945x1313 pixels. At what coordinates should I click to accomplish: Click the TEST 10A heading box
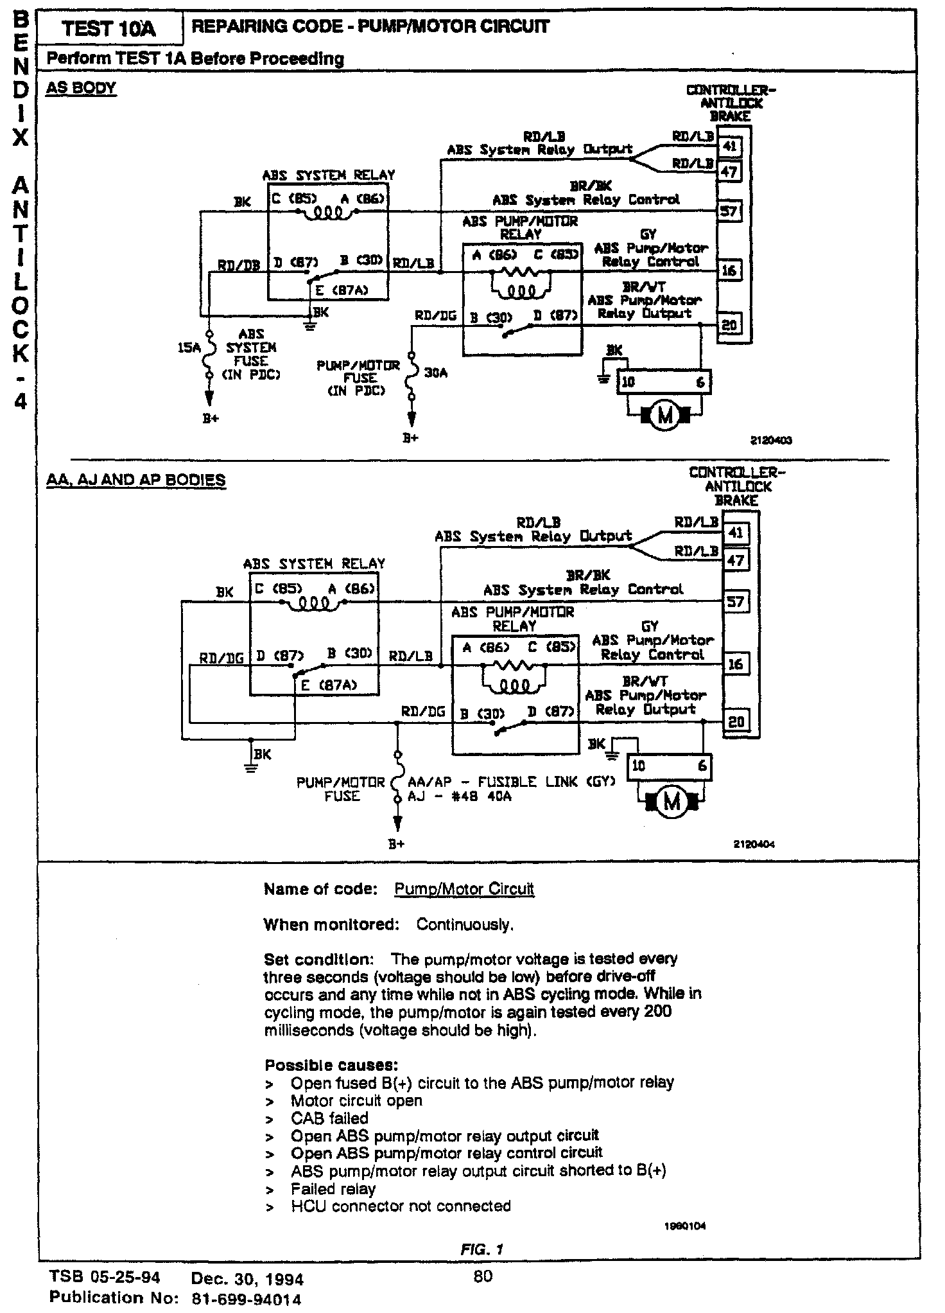pyautogui.click(x=109, y=29)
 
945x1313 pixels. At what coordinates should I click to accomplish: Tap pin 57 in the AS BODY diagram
pyautogui.click(x=729, y=211)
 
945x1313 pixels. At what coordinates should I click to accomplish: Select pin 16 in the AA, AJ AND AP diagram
pyautogui.click(x=736, y=664)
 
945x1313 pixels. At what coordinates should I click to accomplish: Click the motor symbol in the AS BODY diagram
pyautogui.click(x=665, y=416)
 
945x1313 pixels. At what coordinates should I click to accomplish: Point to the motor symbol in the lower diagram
pyautogui.click(x=672, y=803)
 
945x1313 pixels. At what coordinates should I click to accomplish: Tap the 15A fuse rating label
pyautogui.click(x=189, y=348)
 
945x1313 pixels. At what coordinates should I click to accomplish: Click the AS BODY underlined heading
pyautogui.click(x=81, y=89)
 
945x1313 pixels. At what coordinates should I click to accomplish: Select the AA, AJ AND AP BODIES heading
pyautogui.click(x=136, y=480)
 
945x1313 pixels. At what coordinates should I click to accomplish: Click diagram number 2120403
pyautogui.click(x=771, y=441)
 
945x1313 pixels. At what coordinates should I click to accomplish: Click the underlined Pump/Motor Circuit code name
pyautogui.click(x=464, y=889)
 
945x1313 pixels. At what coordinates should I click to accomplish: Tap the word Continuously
pyautogui.click(x=465, y=924)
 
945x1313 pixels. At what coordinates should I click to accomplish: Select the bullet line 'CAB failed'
pyautogui.click(x=329, y=1118)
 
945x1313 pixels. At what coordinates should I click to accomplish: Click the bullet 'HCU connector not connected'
pyautogui.click(x=401, y=1206)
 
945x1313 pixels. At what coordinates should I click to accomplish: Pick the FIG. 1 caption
pyautogui.click(x=481, y=1249)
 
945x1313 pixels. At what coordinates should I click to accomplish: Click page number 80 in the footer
pyautogui.click(x=482, y=1276)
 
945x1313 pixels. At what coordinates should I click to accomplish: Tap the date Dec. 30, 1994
pyautogui.click(x=247, y=1278)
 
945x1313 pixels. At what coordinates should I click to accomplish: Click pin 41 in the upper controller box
pyautogui.click(x=729, y=146)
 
